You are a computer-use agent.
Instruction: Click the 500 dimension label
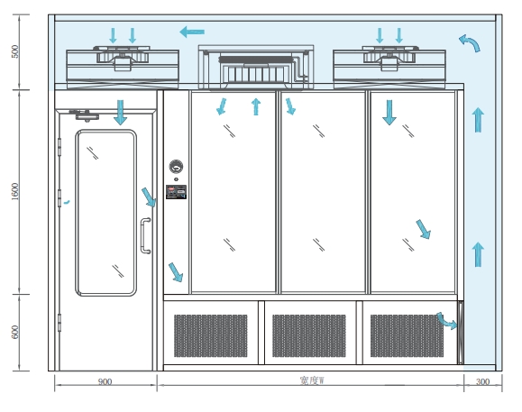pos(15,51)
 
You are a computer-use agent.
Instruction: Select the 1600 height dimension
pos(15,192)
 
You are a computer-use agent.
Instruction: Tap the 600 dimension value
pos(15,332)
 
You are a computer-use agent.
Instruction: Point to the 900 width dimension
pos(105,381)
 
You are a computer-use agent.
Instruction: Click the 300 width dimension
pos(482,381)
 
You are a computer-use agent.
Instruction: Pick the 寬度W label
pos(312,380)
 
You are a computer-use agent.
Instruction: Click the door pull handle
pos(145,236)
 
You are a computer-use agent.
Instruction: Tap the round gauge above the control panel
pos(176,167)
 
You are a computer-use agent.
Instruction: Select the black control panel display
pos(176,192)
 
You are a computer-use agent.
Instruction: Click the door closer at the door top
pos(85,114)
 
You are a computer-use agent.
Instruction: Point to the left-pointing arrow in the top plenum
pos(192,32)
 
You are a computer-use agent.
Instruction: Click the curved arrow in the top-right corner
pos(470,42)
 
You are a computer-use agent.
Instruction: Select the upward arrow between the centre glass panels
pos(256,106)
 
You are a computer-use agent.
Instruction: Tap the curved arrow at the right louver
pos(447,321)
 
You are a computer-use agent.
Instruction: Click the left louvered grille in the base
pos(211,335)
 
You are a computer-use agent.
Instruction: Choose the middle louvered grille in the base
pos(309,335)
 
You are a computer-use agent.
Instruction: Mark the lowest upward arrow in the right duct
pos(478,254)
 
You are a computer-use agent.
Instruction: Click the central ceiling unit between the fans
pos(256,68)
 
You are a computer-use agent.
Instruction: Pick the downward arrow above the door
pos(120,113)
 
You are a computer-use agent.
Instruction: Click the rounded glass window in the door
pos(105,213)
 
